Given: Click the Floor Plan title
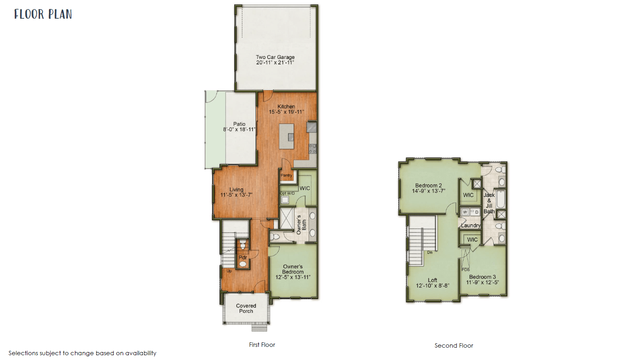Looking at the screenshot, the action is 43,14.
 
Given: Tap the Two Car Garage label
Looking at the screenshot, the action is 275,57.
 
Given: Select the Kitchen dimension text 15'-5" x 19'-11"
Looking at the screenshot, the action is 286,112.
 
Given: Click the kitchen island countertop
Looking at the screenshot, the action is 286,136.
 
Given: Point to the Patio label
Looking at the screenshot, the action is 240,124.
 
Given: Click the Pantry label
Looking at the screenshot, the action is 286,175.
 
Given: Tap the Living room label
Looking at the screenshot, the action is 236,190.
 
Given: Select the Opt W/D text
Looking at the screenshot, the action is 287,193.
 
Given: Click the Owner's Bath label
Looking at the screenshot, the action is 301,225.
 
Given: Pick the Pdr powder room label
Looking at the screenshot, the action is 243,258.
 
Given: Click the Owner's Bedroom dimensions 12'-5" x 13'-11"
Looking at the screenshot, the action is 293,277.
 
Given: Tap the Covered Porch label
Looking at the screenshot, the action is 246,309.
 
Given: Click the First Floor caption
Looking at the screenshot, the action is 262,345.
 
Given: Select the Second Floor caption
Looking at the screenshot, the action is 454,346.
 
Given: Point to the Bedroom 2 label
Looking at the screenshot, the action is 428,185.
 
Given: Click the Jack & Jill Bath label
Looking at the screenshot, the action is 489,203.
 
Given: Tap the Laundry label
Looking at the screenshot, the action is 471,226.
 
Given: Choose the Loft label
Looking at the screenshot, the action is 432,280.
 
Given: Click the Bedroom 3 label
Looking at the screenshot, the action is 482,277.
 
